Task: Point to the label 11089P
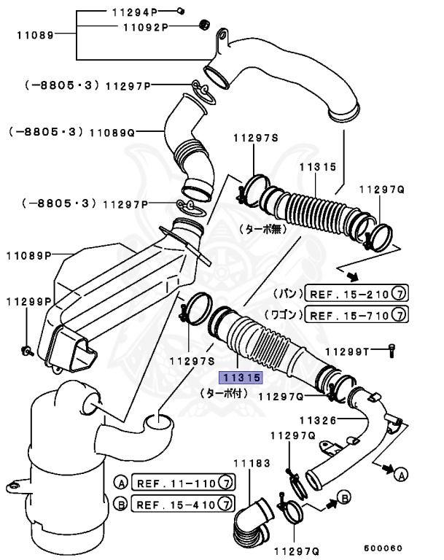pyautogui.click(x=29, y=255)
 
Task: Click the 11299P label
pyautogui.click(x=29, y=301)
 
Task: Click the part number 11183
pyautogui.click(x=251, y=463)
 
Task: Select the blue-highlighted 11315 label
pyautogui.click(x=241, y=378)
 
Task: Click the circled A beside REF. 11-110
pyautogui.click(x=121, y=482)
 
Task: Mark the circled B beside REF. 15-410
pyautogui.click(x=121, y=503)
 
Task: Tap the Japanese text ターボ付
pyautogui.click(x=223, y=393)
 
